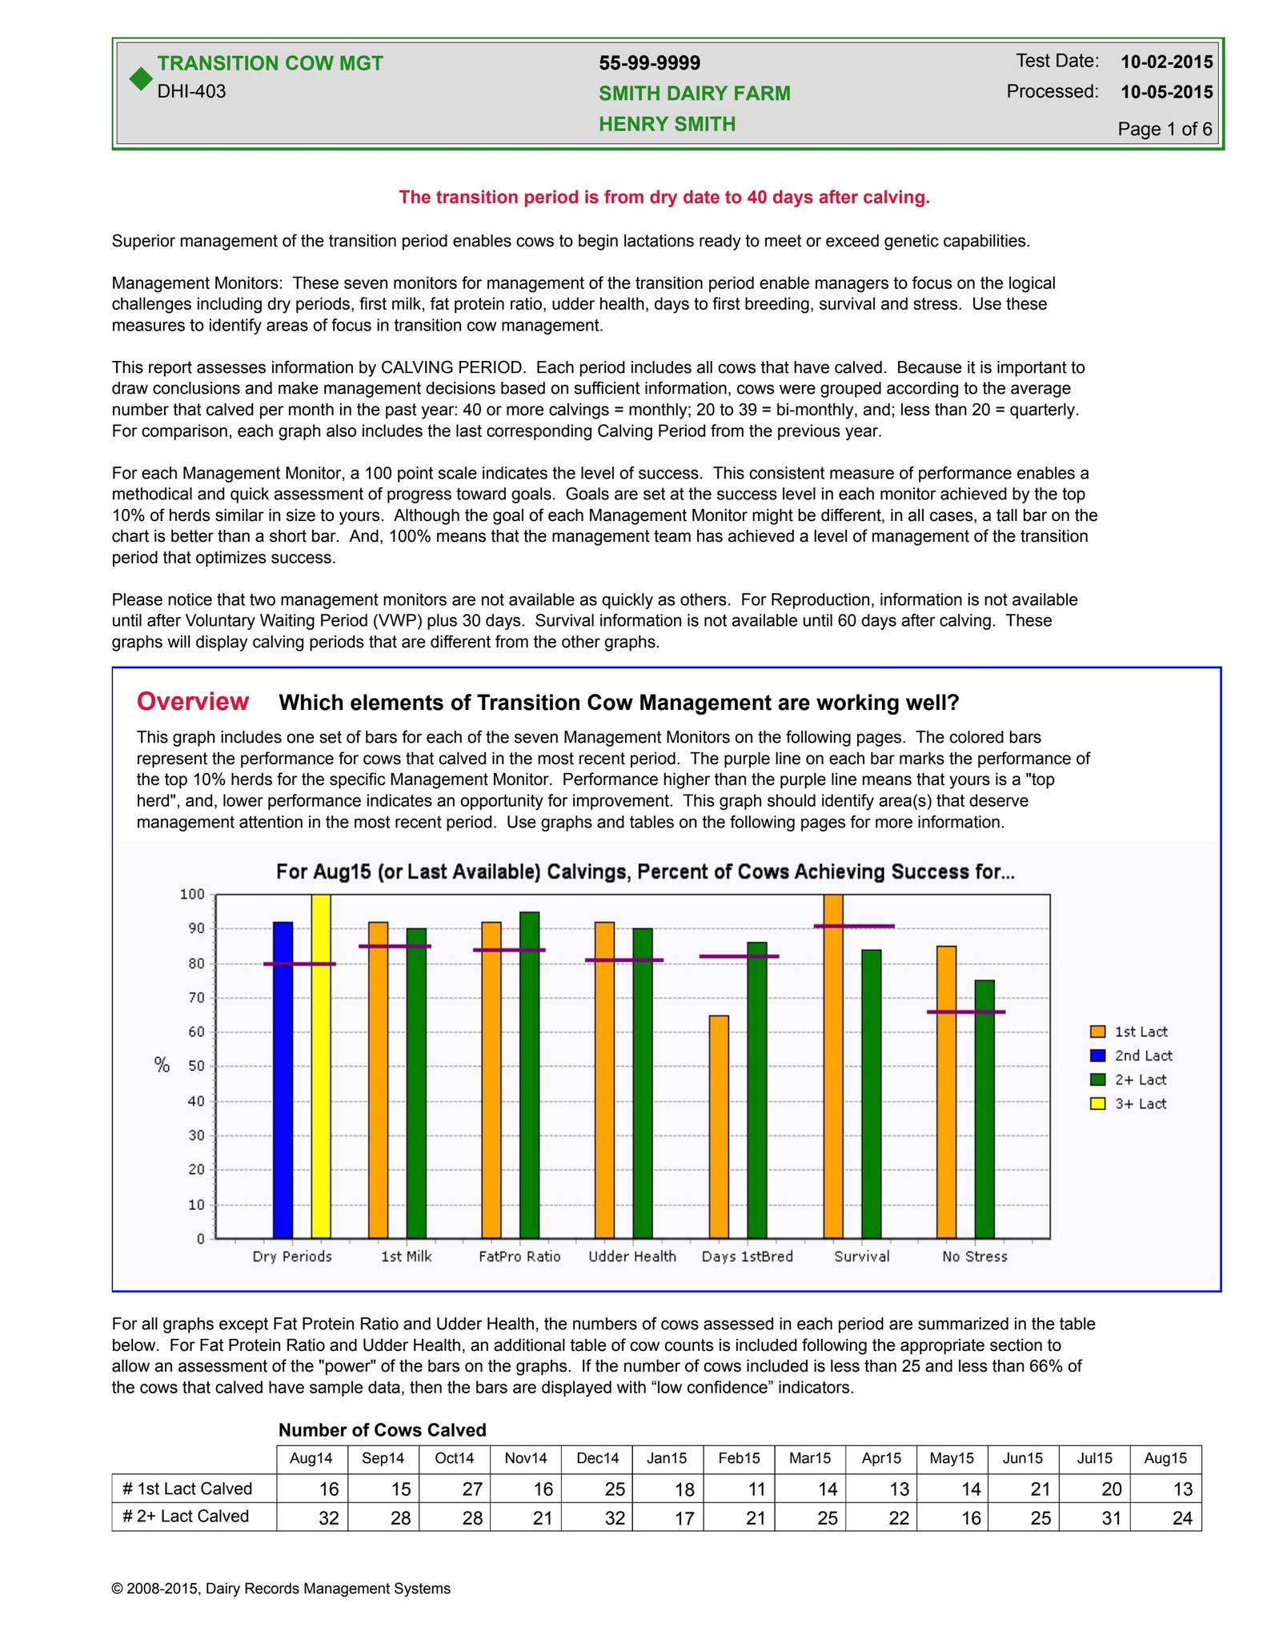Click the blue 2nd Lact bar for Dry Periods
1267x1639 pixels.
tap(283, 1080)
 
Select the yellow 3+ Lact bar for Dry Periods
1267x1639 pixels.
tap(321, 1064)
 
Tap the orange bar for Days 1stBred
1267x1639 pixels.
tap(719, 1126)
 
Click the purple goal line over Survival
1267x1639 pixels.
tap(854, 926)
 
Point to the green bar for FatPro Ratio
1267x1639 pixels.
tap(529, 1074)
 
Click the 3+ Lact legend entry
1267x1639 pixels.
tap(1130, 1104)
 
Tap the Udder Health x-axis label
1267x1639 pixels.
tap(632, 1256)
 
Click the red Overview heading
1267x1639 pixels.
tap(193, 701)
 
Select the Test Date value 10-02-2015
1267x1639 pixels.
tap(1166, 62)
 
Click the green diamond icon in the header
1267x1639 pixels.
tap(141, 78)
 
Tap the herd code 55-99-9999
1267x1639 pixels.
tap(649, 63)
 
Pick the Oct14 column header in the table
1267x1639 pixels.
tap(454, 1458)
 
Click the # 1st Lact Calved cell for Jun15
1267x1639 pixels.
tap(1024, 1489)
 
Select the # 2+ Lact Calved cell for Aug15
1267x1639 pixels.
tap(1166, 1517)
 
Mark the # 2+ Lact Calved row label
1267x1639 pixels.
tap(186, 1516)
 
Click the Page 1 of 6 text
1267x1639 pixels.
tap(1165, 129)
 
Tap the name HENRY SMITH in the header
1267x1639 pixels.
tap(667, 124)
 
